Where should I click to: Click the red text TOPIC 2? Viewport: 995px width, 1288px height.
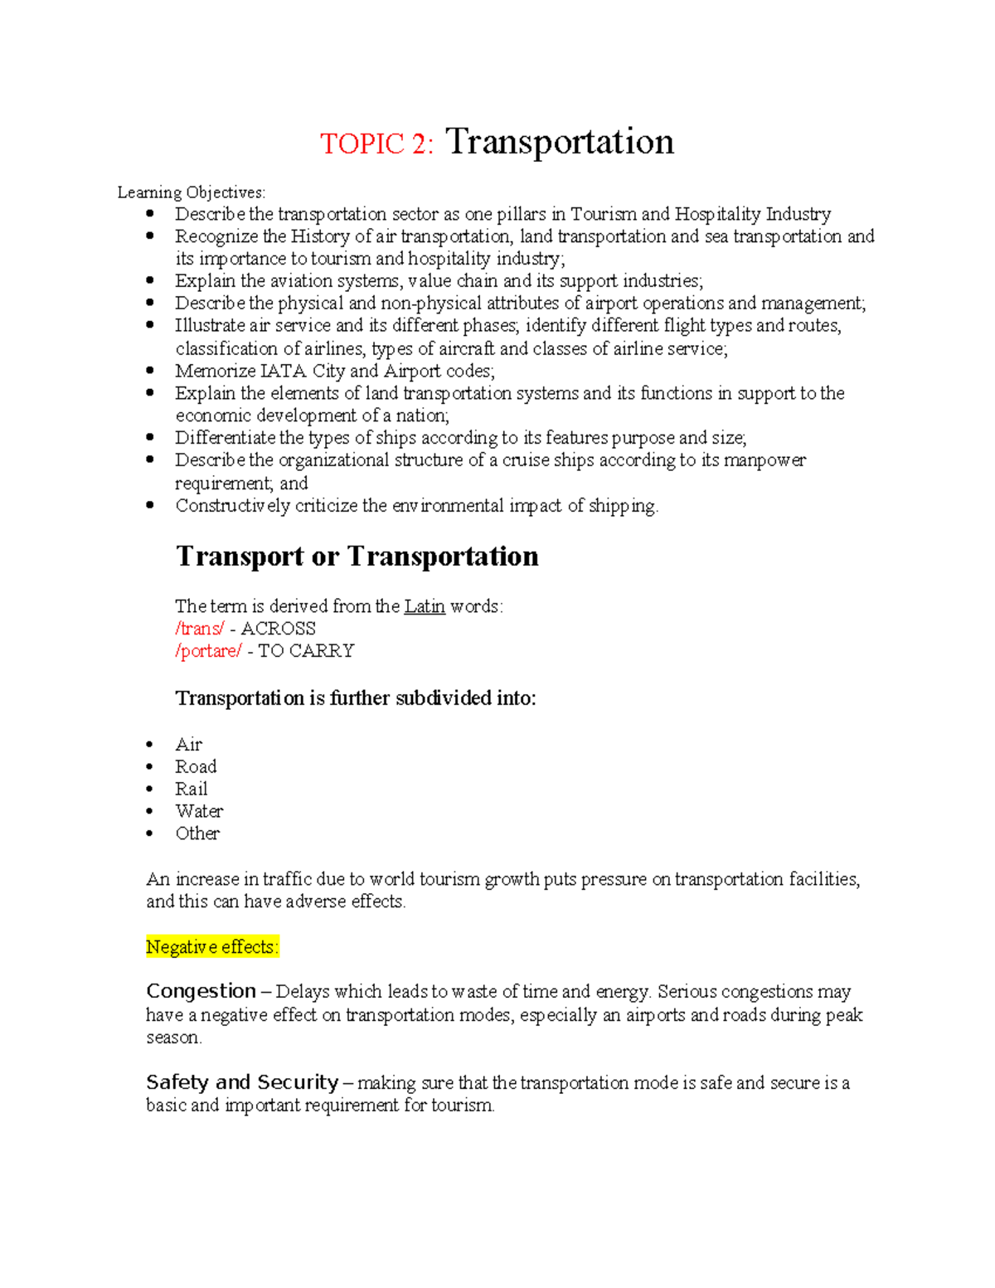376,144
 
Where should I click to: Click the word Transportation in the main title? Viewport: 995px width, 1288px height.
560,142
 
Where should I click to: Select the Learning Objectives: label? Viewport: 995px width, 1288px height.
192,192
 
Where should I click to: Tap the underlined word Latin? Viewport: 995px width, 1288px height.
425,606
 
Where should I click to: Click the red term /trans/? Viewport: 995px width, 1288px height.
199,629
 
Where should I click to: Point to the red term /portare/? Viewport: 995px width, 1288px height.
208,651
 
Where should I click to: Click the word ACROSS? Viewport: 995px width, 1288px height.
278,629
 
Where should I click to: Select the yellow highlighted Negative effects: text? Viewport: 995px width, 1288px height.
212,947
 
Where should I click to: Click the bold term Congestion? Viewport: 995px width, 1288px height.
201,991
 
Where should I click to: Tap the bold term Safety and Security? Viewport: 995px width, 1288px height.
242,1082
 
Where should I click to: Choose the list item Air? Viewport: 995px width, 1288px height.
188,745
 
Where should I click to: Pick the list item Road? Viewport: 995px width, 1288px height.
196,767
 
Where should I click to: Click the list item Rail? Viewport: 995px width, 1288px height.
191,790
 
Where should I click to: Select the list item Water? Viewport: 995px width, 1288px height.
199,811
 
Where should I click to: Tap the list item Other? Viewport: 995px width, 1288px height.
197,834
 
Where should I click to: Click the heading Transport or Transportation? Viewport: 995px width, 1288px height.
357,556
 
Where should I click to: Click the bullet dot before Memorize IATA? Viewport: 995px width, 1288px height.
149,371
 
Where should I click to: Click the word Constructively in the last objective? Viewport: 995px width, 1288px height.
232,506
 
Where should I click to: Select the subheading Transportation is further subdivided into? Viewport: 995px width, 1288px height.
356,698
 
